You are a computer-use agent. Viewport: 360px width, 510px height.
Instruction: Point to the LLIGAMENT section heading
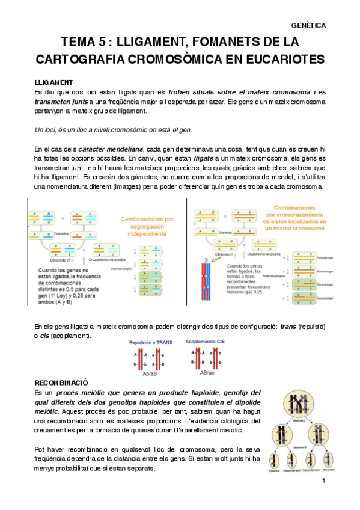pyautogui.click(x=54, y=81)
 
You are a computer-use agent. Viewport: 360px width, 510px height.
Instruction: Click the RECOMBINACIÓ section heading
pyautogui.click(x=62, y=365)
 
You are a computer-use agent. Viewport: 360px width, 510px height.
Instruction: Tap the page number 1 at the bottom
pyautogui.click(x=323, y=481)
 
